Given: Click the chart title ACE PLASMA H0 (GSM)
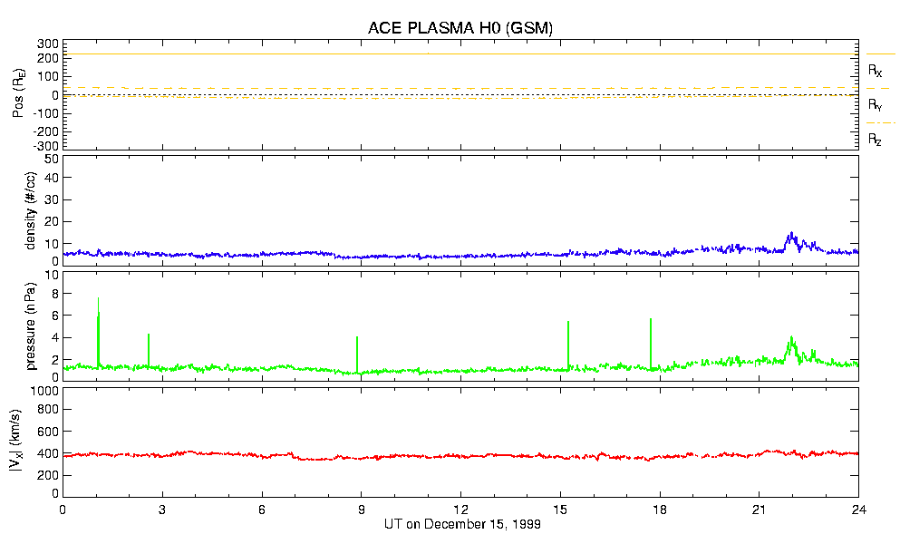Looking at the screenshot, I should pyautogui.click(x=460, y=28).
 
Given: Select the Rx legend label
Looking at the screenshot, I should pyautogui.click(x=876, y=70).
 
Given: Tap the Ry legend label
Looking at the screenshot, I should pyautogui.click(x=876, y=105).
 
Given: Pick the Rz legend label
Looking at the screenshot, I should pyautogui.click(x=876, y=140).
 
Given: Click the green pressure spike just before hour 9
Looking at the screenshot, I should pyautogui.click(x=357, y=339).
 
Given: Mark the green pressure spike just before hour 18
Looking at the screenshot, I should pyautogui.click(x=651, y=321).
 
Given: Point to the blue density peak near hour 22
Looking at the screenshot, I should pyautogui.click(x=791, y=234).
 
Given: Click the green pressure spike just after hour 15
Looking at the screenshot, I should pyautogui.click(x=568, y=324).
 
